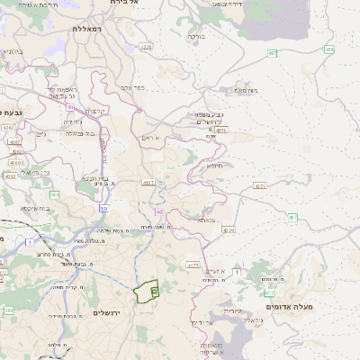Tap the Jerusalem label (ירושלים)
[x=107, y=312]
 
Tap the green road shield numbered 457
[x=272, y=53]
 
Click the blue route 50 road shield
[x=104, y=208]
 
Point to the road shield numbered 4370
[x=228, y=230]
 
